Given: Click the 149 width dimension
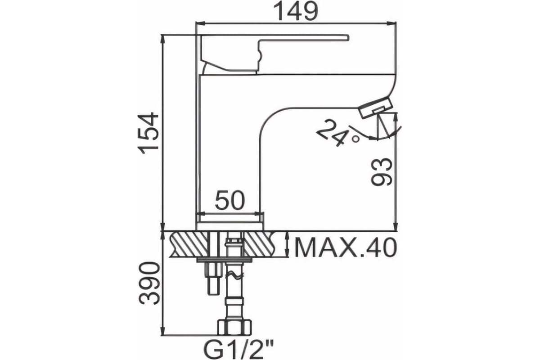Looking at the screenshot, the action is [x=296, y=11].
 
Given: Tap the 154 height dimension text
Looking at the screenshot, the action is [x=148, y=133].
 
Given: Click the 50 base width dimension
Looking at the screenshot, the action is [x=230, y=200].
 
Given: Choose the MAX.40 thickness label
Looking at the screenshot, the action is [x=346, y=247].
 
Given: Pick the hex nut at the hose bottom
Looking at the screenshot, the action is [x=234, y=327].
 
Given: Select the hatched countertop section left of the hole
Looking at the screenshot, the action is [x=189, y=244].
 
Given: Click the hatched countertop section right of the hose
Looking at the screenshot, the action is [x=259, y=244].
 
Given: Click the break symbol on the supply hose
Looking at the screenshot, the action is [x=234, y=275].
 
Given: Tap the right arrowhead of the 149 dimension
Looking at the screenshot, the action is [x=391, y=23].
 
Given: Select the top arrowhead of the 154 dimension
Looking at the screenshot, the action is [x=163, y=40].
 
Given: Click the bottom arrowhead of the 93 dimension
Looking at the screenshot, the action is [x=396, y=226].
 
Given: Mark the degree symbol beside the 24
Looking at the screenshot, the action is [x=355, y=139].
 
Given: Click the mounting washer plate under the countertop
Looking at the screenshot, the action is [x=224, y=260].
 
